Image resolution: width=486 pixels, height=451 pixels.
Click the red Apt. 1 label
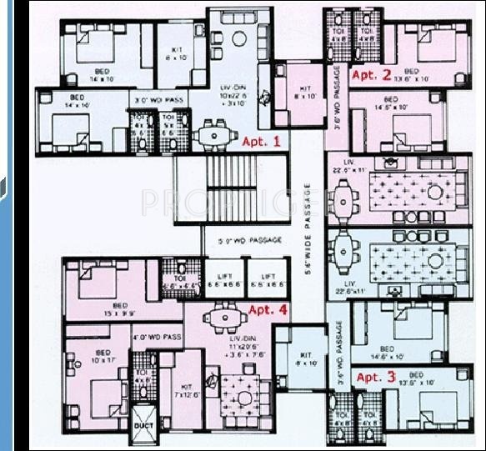[261, 142]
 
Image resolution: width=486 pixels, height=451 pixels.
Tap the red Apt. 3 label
[376, 377]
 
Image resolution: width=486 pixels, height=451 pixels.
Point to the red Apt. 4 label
[267, 310]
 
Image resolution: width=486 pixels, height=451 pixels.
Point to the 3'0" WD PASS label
[158, 102]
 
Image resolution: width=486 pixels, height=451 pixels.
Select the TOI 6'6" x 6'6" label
[178, 281]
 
